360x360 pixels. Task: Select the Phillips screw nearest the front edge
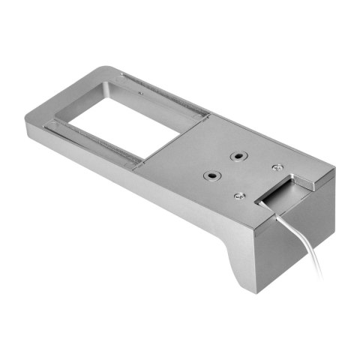click(239, 196)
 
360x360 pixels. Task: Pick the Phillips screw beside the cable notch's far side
click(278, 167)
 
